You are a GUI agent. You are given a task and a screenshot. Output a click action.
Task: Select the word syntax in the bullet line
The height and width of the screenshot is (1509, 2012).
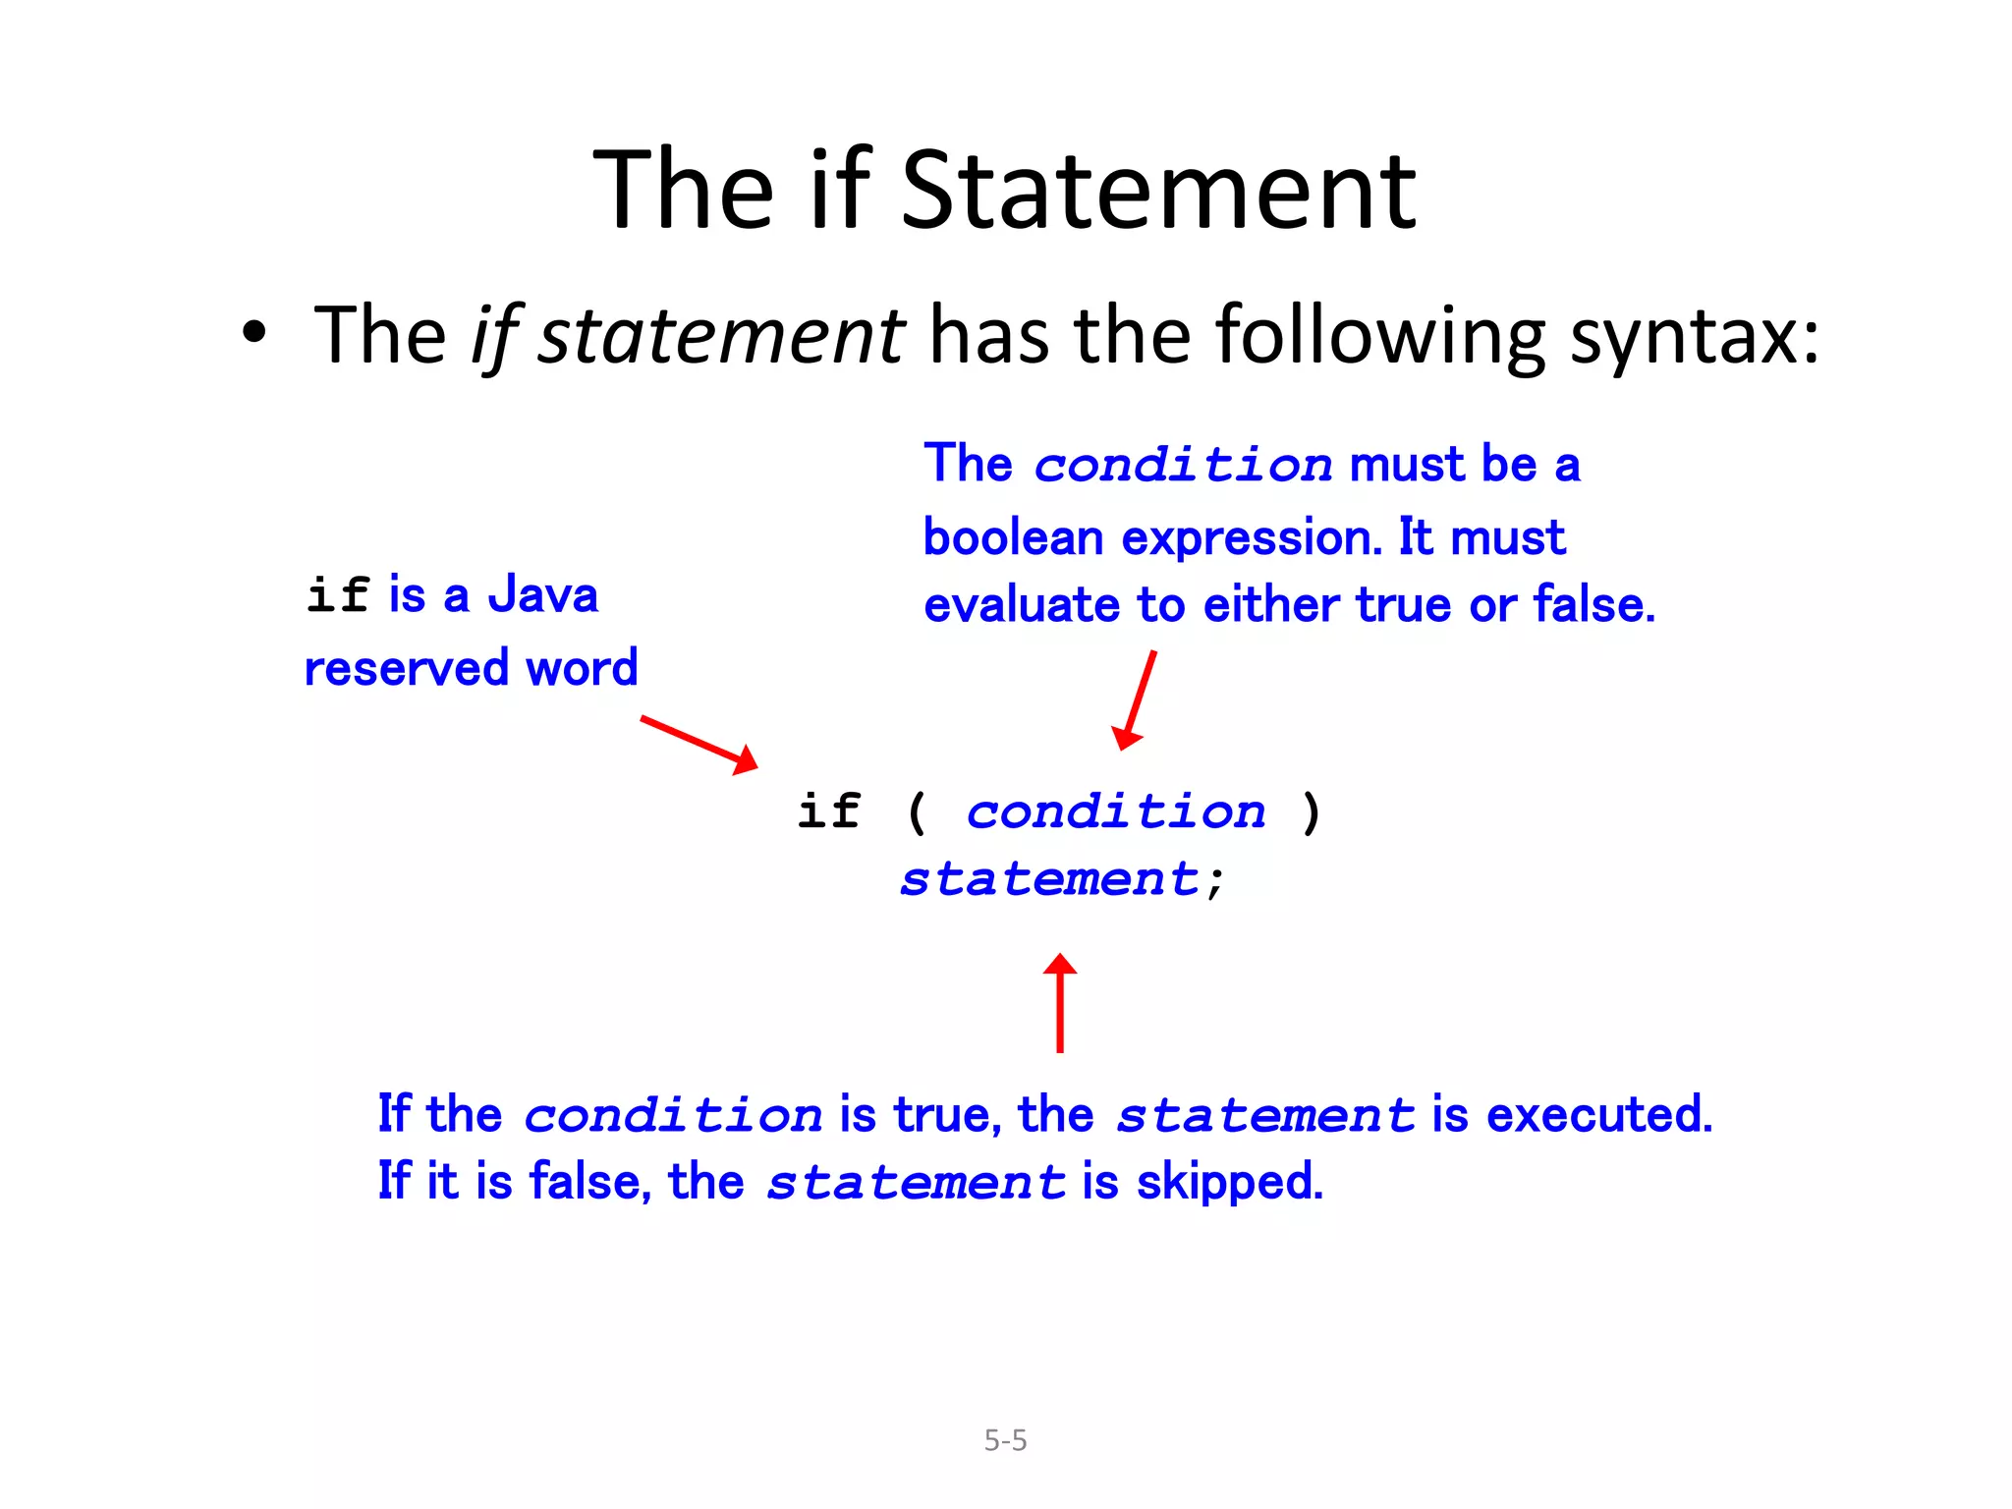[1695, 337]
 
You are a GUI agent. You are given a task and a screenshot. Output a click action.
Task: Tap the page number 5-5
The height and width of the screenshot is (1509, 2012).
[1005, 1440]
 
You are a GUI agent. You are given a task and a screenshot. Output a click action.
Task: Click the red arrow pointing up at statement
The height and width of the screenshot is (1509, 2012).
[1060, 1002]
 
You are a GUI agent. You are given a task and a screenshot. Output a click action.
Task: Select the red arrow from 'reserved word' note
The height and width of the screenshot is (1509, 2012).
[699, 745]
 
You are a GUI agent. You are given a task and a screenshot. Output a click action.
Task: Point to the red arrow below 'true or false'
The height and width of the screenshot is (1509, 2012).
[1136, 699]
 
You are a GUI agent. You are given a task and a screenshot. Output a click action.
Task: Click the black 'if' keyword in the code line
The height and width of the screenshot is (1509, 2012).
[829, 811]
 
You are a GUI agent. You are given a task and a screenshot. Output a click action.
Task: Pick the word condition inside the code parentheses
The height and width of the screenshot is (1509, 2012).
[1116, 811]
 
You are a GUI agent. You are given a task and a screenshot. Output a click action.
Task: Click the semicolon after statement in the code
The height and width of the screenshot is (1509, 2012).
[1216, 880]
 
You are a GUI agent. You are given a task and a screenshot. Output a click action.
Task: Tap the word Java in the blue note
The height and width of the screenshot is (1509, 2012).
[543, 595]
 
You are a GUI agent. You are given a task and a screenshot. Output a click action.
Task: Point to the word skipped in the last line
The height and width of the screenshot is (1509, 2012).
[1230, 1182]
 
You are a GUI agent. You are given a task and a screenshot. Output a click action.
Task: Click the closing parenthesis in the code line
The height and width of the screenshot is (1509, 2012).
[1311, 812]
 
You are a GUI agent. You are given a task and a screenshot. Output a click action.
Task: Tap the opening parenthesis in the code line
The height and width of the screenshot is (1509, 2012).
[917, 812]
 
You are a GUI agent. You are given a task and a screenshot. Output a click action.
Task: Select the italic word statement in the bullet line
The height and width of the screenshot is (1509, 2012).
[721, 336]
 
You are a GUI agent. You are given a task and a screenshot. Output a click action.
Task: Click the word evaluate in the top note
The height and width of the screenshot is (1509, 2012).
[1022, 605]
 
